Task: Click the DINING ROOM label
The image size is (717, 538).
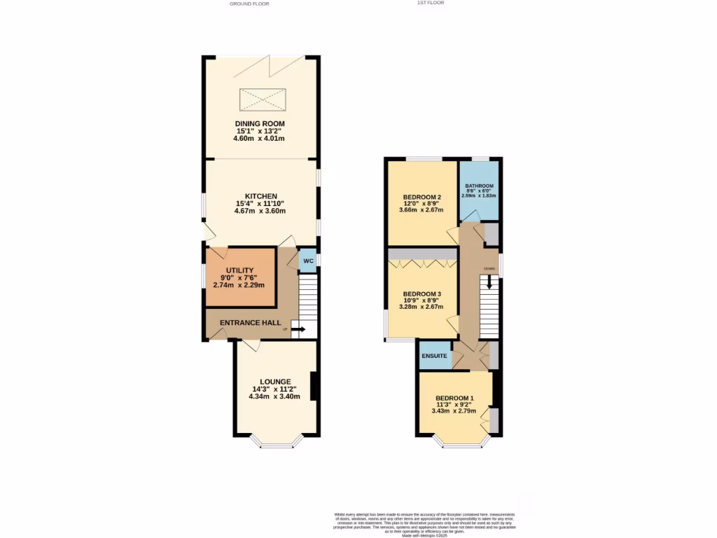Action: point(260,123)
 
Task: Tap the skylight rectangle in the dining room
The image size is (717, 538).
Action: point(263,99)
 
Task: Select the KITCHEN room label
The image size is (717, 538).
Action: point(260,195)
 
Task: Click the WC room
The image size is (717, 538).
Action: point(307,261)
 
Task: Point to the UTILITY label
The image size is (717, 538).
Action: point(239,270)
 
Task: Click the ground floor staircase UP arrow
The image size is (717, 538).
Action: point(297,329)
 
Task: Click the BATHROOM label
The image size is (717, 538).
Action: point(479,186)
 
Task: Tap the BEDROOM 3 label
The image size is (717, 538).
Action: point(422,294)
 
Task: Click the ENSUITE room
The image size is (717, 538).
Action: point(434,356)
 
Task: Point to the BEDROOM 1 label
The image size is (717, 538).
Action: point(454,399)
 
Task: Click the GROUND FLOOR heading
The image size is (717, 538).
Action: point(249,4)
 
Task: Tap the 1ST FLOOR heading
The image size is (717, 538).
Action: point(431,3)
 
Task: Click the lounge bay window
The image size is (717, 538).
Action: point(277,442)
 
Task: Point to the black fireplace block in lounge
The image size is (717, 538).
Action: point(314,386)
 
